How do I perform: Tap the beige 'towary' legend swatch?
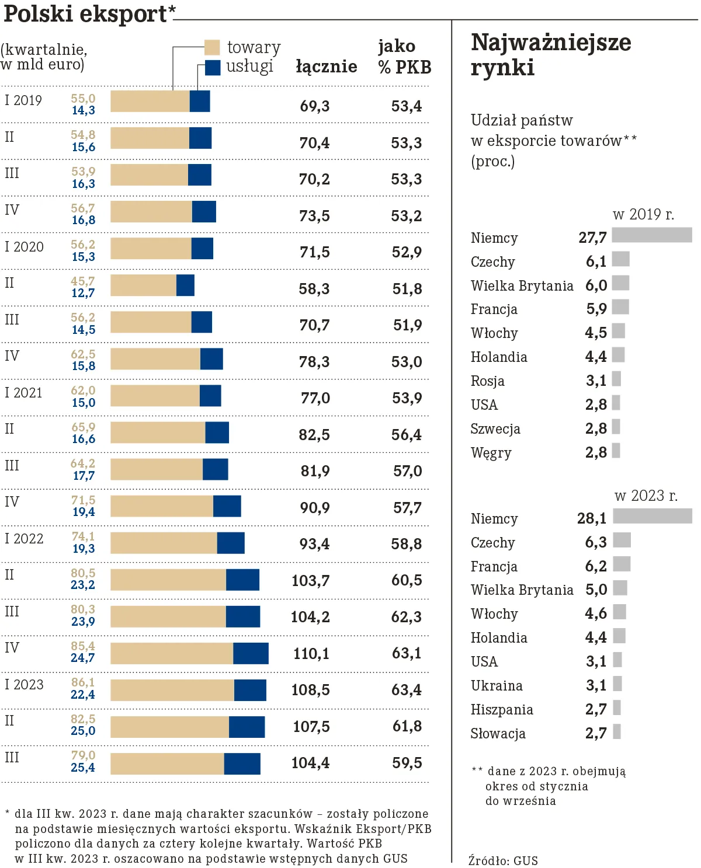tap(212, 47)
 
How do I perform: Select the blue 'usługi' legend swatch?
tap(212, 67)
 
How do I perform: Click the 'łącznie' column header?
tap(326, 67)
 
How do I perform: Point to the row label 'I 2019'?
tap(23, 100)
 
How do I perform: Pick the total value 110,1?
tap(311, 653)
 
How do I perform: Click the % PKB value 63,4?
tap(406, 690)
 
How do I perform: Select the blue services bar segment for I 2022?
tap(231, 543)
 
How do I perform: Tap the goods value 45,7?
tap(82, 281)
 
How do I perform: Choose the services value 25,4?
tap(82, 768)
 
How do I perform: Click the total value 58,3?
tap(314, 289)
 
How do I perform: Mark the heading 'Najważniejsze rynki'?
tap(550, 55)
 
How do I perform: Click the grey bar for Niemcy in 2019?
tap(651, 235)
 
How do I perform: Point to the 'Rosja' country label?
tap(487, 381)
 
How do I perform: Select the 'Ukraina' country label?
tap(497, 686)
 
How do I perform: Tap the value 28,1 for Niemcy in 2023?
tap(592, 518)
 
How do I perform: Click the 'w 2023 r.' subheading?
tap(646, 496)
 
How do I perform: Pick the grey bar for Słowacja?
tap(617, 731)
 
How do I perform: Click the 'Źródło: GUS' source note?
tap(503, 860)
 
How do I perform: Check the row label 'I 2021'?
tap(23, 393)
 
